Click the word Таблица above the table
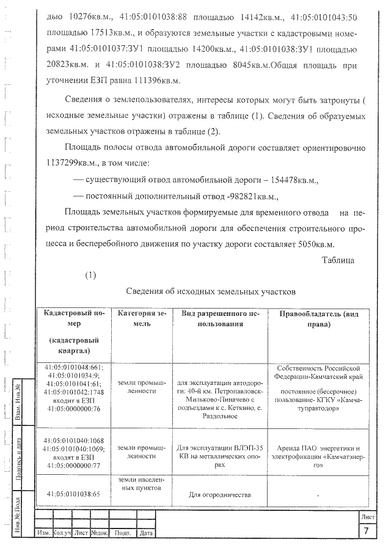tap(338, 260)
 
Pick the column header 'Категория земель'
tap(142, 318)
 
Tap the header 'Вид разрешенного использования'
tap(221, 318)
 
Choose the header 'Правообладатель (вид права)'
tap(318, 318)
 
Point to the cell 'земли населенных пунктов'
tap(142, 484)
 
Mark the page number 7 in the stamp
tap(366, 531)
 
